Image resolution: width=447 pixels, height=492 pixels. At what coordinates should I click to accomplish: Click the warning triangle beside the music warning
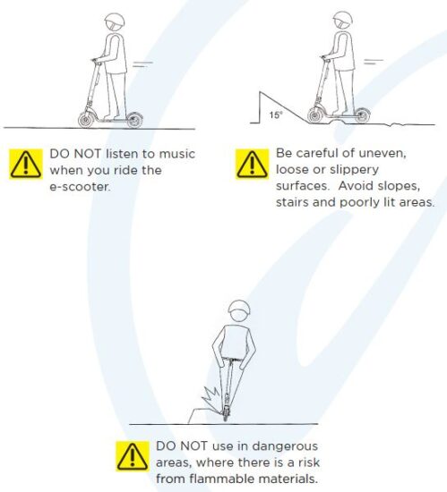[x=26, y=165]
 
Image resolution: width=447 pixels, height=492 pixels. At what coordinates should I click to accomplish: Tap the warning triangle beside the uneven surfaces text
[x=253, y=164]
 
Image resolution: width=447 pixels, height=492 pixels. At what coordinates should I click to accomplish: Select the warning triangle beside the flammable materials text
[x=133, y=456]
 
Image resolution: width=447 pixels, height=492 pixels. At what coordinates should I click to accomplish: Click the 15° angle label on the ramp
[x=276, y=115]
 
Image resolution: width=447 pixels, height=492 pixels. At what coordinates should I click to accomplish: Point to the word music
[x=177, y=154]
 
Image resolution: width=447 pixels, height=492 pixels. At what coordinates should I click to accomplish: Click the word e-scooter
[x=80, y=187]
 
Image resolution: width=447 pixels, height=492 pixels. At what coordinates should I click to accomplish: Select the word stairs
[x=292, y=202]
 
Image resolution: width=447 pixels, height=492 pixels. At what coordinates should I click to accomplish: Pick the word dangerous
[x=285, y=446]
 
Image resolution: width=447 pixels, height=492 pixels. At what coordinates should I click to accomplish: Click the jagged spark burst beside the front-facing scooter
[x=211, y=397]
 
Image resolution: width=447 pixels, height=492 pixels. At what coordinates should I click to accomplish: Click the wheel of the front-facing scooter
[x=225, y=414]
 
